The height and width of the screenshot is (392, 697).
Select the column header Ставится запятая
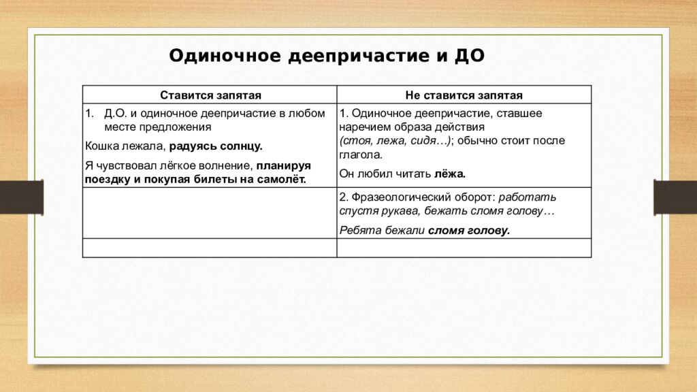coord(210,96)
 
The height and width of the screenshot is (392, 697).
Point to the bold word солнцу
coord(240,146)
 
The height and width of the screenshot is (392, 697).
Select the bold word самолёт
coord(282,179)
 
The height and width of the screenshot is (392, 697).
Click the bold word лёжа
coord(450,174)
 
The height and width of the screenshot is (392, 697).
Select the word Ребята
coord(357,230)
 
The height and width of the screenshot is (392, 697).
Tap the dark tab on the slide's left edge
coord(21,197)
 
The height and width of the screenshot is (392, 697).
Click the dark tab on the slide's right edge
coord(675,197)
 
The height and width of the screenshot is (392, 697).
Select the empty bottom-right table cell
coord(464,248)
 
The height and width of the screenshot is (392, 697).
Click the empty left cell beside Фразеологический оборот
coord(210,213)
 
